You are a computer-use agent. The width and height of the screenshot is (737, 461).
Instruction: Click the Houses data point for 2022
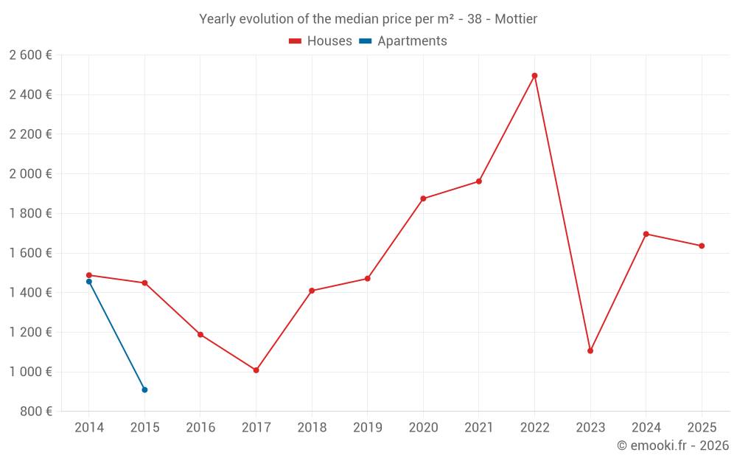coord(534,76)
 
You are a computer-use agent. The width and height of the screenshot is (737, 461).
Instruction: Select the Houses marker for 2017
coord(256,370)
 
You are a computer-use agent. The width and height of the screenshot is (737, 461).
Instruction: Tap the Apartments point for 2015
coord(144,389)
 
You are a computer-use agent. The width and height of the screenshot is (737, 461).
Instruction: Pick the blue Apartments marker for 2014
coord(89,282)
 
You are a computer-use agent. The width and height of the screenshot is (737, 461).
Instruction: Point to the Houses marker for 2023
coord(590,351)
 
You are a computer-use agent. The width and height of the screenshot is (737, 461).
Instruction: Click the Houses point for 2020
coord(423,198)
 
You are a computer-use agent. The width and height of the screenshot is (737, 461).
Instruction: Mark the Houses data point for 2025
coord(702,246)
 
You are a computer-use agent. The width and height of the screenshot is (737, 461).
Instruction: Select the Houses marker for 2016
coord(200,335)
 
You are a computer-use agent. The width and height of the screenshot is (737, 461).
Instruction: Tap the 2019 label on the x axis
coord(368,428)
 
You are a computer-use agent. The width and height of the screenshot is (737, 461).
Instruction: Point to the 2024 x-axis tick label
coord(646,428)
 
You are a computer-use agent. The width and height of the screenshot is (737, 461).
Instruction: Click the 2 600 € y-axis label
coord(31,55)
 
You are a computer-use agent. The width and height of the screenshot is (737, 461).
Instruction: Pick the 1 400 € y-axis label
coord(31,293)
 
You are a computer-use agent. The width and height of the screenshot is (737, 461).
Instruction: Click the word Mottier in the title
coord(516,18)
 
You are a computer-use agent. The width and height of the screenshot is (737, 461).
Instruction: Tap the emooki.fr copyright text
coord(673,446)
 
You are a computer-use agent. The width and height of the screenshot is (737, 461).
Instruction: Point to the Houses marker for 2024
coord(646,234)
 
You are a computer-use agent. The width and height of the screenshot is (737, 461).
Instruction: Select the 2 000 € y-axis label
coord(31,174)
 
